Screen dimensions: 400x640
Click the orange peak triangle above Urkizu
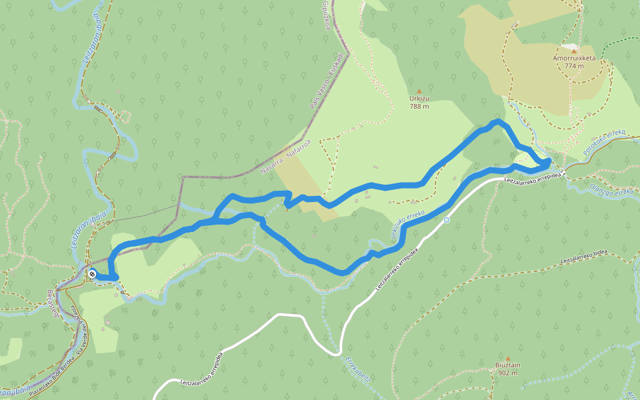[419, 91]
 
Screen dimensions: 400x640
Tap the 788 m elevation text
[419, 106]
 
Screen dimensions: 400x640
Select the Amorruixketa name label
[574, 58]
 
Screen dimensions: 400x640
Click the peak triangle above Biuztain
[508, 358]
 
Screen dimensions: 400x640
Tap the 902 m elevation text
[508, 373]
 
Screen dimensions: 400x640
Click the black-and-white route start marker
[91, 273]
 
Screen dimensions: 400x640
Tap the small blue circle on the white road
[447, 219]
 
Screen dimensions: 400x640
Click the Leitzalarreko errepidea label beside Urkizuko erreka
[398, 269]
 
